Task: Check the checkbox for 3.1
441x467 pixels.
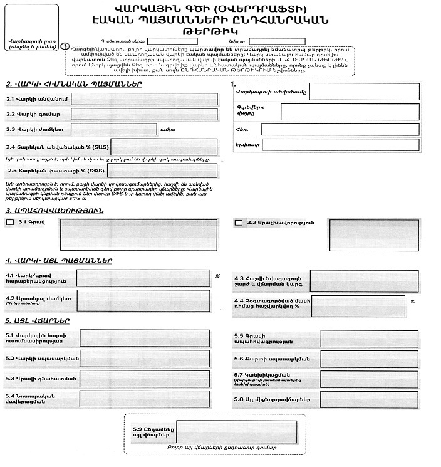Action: point(9,222)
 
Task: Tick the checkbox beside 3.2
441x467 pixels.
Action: point(238,222)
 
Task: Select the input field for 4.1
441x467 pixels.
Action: point(144,278)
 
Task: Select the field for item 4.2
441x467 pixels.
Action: point(144,301)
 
